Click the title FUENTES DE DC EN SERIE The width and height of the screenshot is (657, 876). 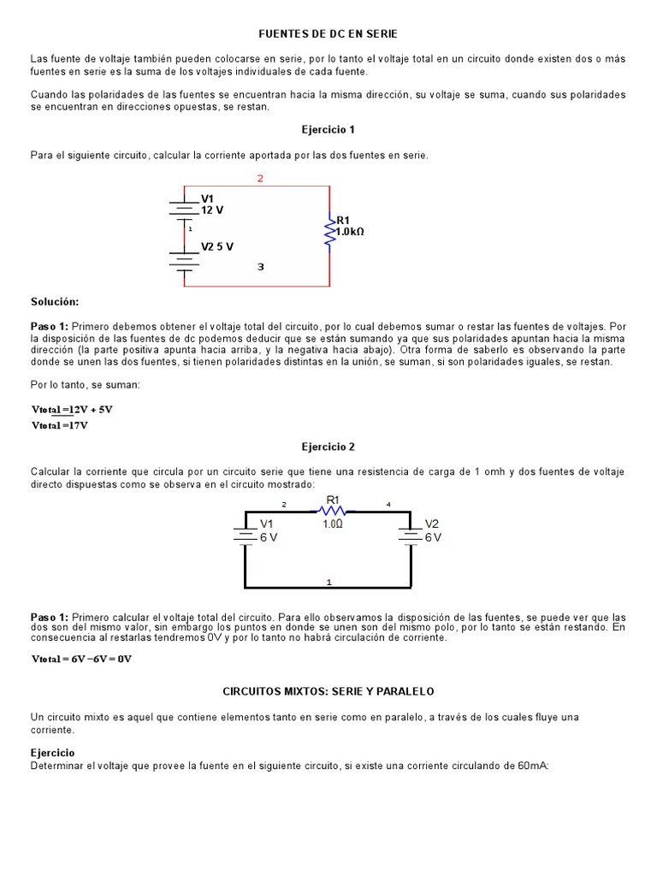[328, 33]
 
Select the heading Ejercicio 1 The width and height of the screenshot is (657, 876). [328, 129]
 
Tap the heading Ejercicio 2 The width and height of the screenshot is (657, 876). [328, 447]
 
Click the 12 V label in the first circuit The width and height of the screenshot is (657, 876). [212, 210]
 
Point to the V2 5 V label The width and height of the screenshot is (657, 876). [217, 246]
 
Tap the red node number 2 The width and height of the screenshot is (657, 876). [260, 178]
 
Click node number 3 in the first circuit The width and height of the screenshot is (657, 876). [260, 267]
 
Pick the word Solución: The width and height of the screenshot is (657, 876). [55, 302]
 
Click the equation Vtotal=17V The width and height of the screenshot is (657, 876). [60, 424]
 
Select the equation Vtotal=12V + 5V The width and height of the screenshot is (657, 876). [72, 409]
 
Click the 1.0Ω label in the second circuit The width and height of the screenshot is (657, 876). [333, 524]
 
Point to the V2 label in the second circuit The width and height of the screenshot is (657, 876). [432, 524]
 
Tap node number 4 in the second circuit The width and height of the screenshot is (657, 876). [388, 505]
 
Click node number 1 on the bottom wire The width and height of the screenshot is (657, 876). [329, 582]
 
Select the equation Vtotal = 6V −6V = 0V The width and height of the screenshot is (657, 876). [82, 659]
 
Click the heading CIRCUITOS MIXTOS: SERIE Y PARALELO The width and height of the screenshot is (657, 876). [328, 690]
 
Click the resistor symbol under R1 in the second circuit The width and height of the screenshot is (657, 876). [332, 511]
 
